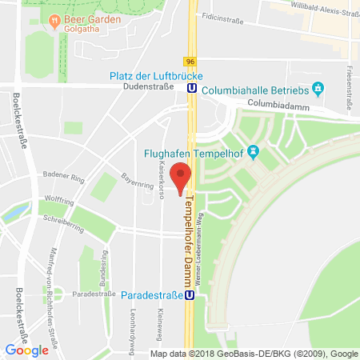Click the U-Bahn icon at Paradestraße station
click(x=190, y=294)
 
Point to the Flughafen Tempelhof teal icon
click(x=254, y=150)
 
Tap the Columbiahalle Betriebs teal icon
click(x=318, y=86)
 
